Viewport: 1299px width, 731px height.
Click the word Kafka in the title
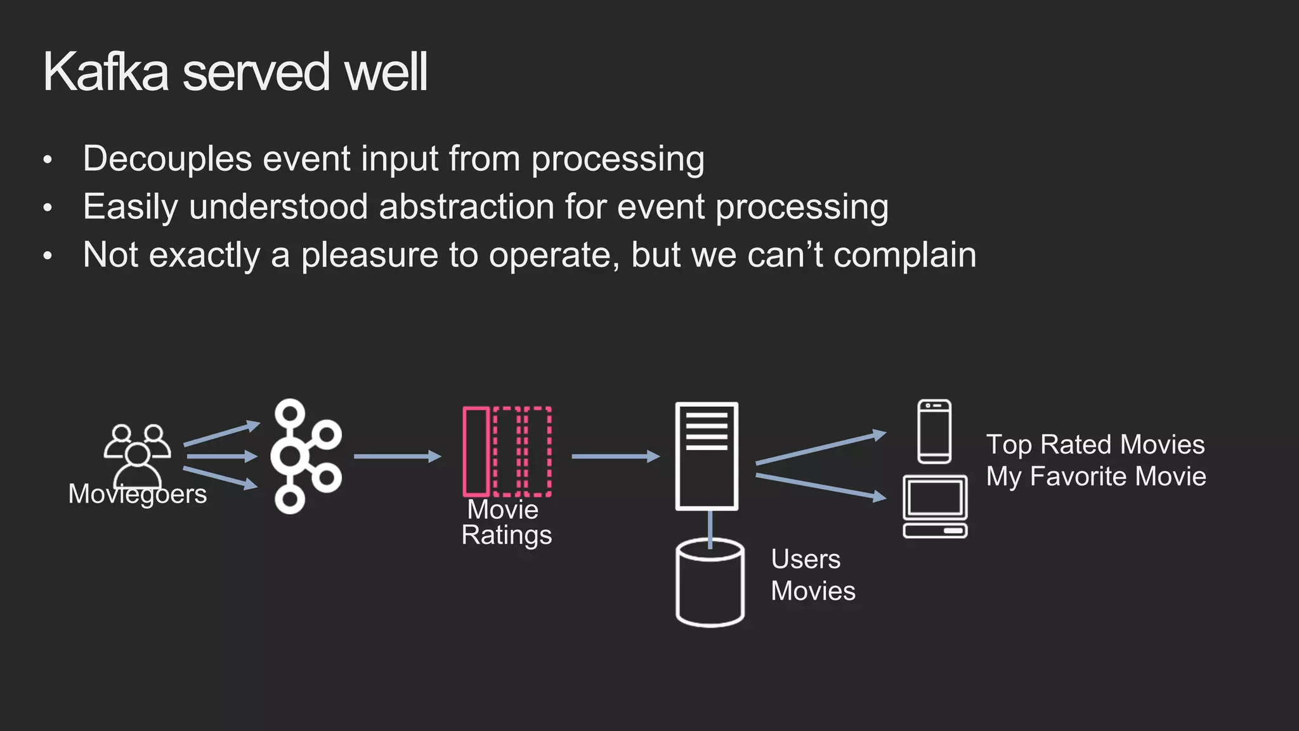pyautogui.click(x=106, y=72)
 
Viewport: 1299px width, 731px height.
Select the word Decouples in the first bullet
pyautogui.click(x=167, y=159)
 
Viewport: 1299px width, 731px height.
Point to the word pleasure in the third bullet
pyautogui.click(x=369, y=255)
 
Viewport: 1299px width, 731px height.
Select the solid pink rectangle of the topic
pyautogui.click(x=476, y=451)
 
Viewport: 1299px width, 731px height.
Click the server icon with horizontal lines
pyautogui.click(x=707, y=456)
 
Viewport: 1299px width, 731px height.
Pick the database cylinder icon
pyautogui.click(x=710, y=584)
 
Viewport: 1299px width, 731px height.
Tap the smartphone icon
pyautogui.click(x=934, y=431)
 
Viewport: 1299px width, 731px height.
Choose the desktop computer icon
pyautogui.click(x=935, y=506)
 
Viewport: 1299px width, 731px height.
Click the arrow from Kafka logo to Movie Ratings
pyautogui.click(x=397, y=456)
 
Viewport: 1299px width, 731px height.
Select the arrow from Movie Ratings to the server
pyautogui.click(x=615, y=456)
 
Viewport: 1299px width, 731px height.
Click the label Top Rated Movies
pyautogui.click(x=1095, y=445)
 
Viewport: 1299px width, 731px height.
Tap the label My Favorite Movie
pyautogui.click(x=1096, y=477)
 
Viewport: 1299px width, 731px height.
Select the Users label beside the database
pyautogui.click(x=806, y=560)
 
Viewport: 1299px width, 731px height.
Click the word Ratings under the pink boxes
pyautogui.click(x=507, y=535)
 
